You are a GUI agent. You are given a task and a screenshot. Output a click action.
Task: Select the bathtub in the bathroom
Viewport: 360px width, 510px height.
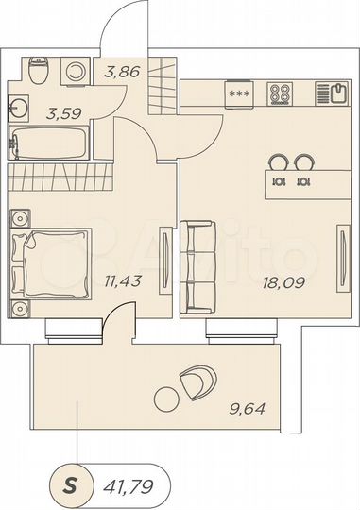pyautogui.click(x=48, y=144)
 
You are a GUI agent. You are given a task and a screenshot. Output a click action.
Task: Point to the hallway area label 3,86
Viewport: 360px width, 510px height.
pyautogui.click(x=121, y=69)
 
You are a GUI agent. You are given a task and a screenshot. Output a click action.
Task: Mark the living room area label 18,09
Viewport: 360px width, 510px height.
pyautogui.click(x=285, y=280)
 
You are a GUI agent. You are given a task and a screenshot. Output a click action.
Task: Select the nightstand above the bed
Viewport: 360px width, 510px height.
pyautogui.click(x=22, y=219)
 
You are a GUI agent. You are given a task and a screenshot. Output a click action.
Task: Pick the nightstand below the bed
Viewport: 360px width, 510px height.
pyautogui.click(x=22, y=307)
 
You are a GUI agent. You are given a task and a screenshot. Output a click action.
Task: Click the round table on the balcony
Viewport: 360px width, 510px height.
pyautogui.click(x=168, y=396)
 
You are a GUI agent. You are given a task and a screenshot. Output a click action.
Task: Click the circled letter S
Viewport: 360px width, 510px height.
pyautogui.click(x=71, y=486)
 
